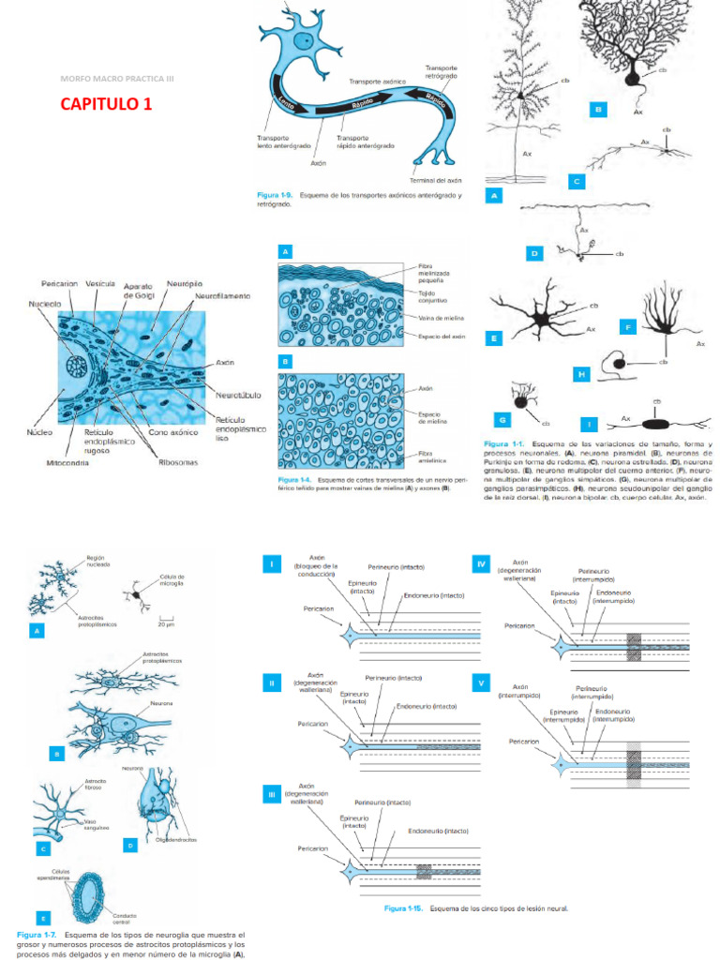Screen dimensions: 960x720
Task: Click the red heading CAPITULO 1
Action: click(105, 103)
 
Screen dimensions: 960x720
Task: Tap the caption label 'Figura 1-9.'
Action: click(276, 195)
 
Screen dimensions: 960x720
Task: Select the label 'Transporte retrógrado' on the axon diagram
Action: click(441, 71)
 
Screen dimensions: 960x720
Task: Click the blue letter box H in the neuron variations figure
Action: click(581, 374)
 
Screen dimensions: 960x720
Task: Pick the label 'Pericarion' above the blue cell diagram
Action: click(60, 283)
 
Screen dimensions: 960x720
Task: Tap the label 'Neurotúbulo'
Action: click(238, 395)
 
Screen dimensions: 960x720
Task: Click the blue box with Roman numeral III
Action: click(271, 795)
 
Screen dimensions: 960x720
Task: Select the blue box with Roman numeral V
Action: click(481, 682)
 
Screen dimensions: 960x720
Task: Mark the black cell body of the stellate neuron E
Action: click(542, 320)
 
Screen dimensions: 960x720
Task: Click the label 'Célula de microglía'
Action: click(172, 579)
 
